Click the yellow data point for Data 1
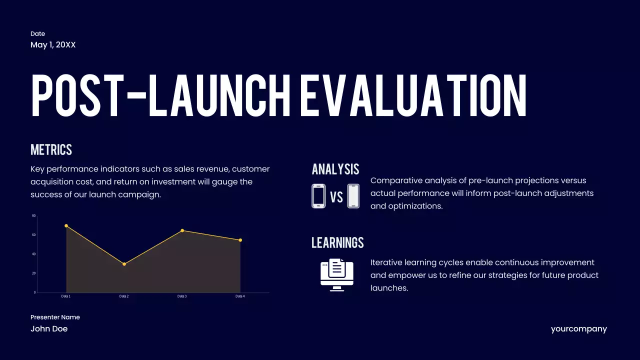pyautogui.click(x=66, y=226)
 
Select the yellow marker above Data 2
pyautogui.click(x=124, y=264)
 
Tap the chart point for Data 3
pyautogui.click(x=182, y=230)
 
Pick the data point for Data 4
pyautogui.click(x=240, y=240)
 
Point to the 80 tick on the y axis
pyautogui.click(x=34, y=216)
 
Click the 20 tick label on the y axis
pyautogui.click(x=34, y=273)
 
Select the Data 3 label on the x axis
pyautogui.click(x=182, y=296)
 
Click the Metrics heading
pyautogui.click(x=51, y=150)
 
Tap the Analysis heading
pyautogui.click(x=335, y=169)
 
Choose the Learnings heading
pyautogui.click(x=337, y=243)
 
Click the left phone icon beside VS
pyautogui.click(x=318, y=196)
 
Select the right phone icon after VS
pyautogui.click(x=353, y=196)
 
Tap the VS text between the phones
pyautogui.click(x=336, y=197)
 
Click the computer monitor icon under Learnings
pyautogui.click(x=337, y=274)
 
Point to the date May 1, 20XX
pyautogui.click(x=53, y=45)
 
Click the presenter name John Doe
pyautogui.click(x=49, y=329)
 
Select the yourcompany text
pyautogui.click(x=579, y=329)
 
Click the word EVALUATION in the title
pyautogui.click(x=413, y=96)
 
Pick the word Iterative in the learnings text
pyautogui.click(x=386, y=262)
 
